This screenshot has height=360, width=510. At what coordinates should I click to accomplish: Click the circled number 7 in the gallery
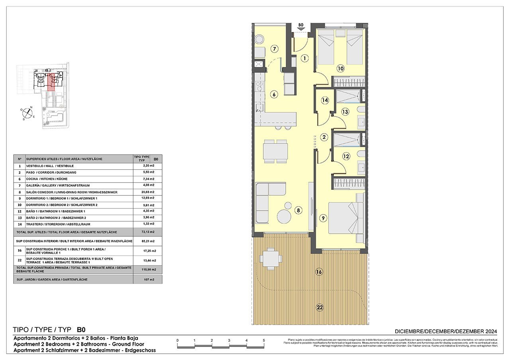pos(274,49)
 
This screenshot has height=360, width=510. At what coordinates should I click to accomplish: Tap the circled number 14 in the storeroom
pos(325,100)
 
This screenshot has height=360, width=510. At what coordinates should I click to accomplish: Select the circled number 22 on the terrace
pos(320,307)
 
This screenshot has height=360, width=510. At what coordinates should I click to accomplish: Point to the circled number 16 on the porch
pos(319,272)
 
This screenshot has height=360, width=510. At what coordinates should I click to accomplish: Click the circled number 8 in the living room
pos(298,210)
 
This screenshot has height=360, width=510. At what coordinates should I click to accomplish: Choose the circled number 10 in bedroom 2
pos(340,68)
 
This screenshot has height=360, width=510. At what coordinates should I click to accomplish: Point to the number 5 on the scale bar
pos(264,340)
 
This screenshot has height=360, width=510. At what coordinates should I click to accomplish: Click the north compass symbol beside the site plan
pos(27,113)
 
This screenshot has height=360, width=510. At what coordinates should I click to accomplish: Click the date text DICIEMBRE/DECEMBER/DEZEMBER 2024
pos(446,331)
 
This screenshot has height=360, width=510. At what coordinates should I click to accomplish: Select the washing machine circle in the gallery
pos(259,39)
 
